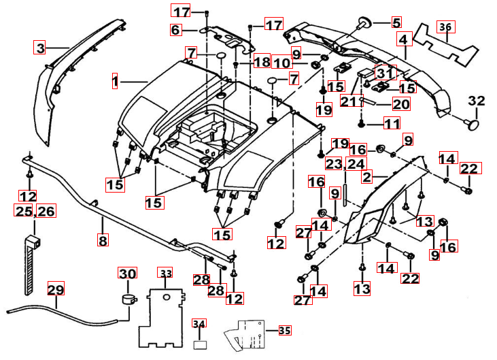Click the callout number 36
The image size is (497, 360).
445,27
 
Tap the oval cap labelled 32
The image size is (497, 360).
471,125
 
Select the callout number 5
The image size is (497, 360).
396,22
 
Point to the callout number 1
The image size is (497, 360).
115,82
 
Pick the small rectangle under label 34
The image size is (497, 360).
200,344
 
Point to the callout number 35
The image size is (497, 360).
284,330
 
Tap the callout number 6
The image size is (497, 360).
175,30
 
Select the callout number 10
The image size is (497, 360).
282,63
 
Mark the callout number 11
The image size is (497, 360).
391,123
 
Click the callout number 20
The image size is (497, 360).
401,104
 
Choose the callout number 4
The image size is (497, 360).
404,39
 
